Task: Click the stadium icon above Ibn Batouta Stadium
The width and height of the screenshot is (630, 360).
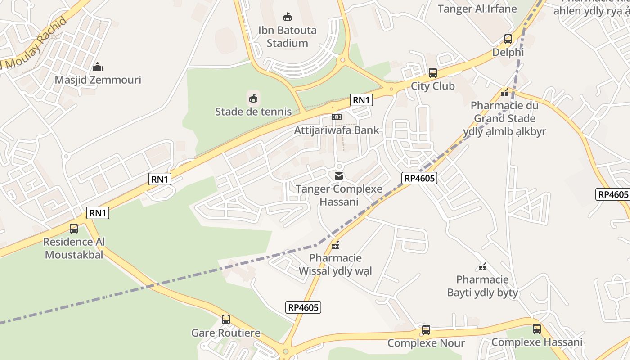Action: pyautogui.click(x=287, y=17)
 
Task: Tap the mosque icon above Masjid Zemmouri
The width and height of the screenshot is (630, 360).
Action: pyautogui.click(x=98, y=67)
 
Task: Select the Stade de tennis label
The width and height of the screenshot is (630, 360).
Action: pyautogui.click(x=253, y=111)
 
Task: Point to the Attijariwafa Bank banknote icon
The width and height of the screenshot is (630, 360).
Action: pyautogui.click(x=337, y=117)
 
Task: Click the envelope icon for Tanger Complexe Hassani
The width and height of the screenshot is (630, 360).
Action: pyautogui.click(x=338, y=176)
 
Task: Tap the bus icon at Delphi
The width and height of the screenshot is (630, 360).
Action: pyautogui.click(x=508, y=39)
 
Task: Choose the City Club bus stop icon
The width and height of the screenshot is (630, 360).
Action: pyautogui.click(x=432, y=72)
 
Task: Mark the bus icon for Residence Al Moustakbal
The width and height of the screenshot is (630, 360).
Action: pyautogui.click(x=74, y=228)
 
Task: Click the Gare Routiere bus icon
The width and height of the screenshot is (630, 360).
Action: pyautogui.click(x=226, y=319)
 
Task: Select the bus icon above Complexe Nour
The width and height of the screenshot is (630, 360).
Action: pyautogui.click(x=426, y=330)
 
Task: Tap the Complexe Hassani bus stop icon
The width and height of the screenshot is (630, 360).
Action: pyautogui.click(x=536, y=329)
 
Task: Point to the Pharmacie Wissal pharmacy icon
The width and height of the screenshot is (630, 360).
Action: pyautogui.click(x=335, y=245)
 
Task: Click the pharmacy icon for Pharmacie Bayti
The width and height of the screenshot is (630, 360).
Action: pyautogui.click(x=482, y=267)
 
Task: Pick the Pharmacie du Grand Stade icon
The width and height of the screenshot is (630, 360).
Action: pyautogui.click(x=504, y=93)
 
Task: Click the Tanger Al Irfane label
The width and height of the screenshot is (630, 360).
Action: pyautogui.click(x=477, y=9)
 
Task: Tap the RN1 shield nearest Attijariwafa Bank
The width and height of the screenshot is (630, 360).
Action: pyautogui.click(x=361, y=100)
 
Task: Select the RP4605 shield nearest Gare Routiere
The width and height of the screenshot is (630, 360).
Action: pyautogui.click(x=303, y=307)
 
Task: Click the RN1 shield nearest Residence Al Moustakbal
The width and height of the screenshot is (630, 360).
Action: pyautogui.click(x=98, y=213)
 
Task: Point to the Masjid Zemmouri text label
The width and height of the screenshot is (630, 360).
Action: pyautogui.click(x=98, y=80)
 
